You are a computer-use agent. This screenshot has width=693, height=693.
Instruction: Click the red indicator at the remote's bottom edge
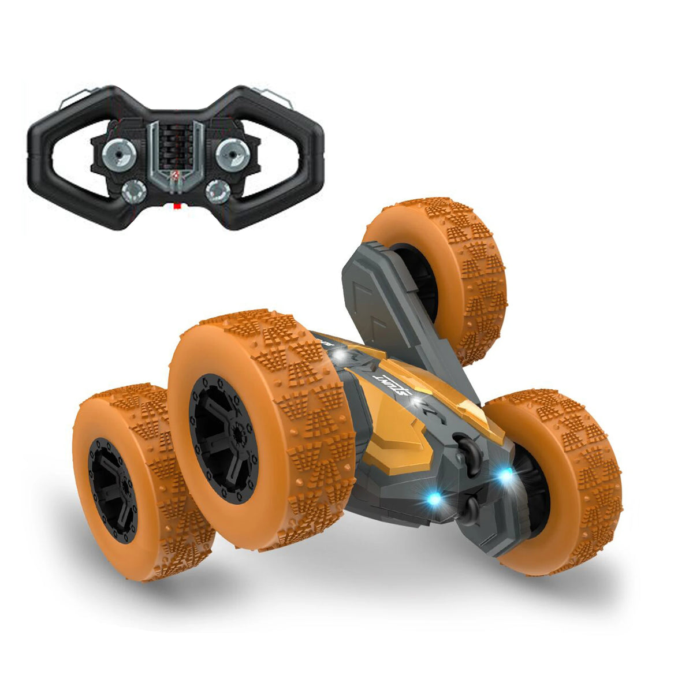177,206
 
